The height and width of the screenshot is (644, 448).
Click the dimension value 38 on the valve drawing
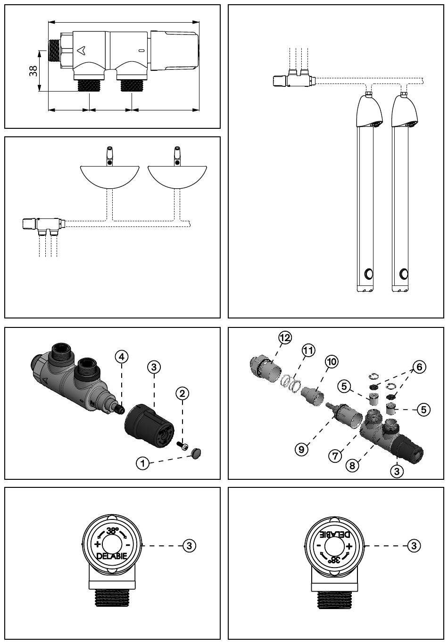coord(33,71)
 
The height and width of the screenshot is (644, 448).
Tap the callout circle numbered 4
coord(122,357)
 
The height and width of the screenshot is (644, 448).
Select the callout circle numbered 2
coord(182,393)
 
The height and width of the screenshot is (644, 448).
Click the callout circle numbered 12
coord(285,338)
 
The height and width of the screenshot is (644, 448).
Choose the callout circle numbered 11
coord(308,351)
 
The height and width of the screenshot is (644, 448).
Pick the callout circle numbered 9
coord(301,449)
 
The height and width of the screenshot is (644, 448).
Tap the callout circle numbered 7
coord(335,456)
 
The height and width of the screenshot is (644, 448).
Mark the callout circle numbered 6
coord(419,367)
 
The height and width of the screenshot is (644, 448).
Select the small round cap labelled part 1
coord(196,453)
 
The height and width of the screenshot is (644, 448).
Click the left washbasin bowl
coord(109,177)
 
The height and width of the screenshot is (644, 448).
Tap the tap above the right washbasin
coord(177,156)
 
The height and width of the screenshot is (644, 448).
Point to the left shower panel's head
coord(369,111)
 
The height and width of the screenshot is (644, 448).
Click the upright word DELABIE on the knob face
coord(112,556)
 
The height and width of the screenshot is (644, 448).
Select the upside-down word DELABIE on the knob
coord(335,535)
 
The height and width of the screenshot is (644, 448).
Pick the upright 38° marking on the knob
coord(112,531)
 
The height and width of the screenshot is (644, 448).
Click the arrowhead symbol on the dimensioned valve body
coord(81,50)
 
